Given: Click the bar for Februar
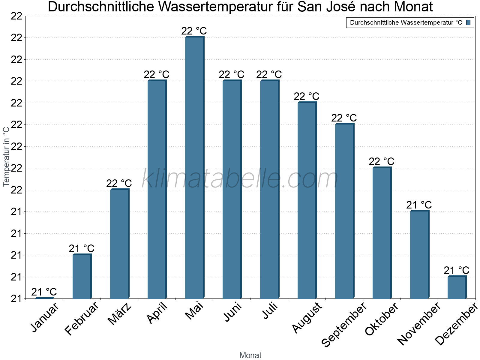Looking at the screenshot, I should tap(82, 276).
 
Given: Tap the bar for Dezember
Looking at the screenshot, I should tap(457, 287).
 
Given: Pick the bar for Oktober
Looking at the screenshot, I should tap(382, 232).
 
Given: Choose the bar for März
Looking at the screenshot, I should tap(119, 244).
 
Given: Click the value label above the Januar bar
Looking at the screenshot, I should tap(44, 292).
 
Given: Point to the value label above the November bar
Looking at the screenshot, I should tap(419, 205).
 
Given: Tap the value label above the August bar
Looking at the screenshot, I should tap(307, 96).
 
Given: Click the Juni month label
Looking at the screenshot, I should tap(232, 312).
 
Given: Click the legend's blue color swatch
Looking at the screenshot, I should tap(468, 22).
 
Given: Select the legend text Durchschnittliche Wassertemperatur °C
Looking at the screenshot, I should tap(406, 22).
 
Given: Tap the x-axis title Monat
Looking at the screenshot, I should tap(250, 355).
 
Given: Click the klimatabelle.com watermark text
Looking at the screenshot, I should tap(240, 179).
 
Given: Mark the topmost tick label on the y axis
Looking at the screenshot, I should tap(16, 16).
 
